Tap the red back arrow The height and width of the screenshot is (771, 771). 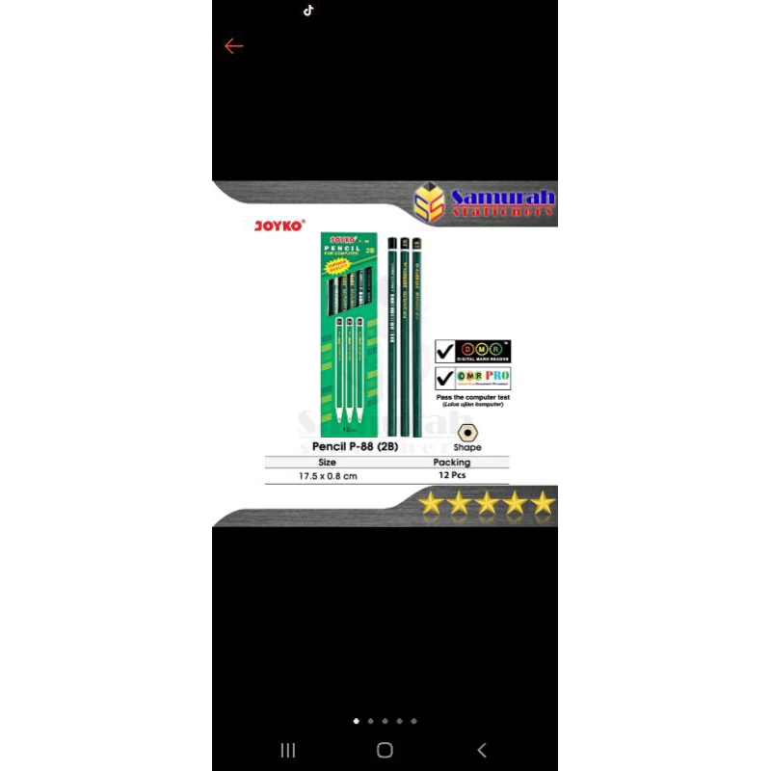[233, 46]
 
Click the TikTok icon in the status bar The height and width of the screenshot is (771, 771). [308, 11]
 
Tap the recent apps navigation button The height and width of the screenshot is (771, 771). [287, 750]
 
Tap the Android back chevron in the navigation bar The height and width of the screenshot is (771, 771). [482, 750]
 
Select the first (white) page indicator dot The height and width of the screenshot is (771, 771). [356, 721]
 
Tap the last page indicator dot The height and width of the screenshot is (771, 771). [413, 721]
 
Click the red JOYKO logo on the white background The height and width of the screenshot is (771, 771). [279, 226]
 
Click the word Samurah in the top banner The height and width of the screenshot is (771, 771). [503, 198]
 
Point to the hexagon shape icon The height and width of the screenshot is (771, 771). [467, 434]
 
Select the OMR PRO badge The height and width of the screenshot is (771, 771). [485, 378]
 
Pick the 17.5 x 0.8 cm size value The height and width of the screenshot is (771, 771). [328, 476]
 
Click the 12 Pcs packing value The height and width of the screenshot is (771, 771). [452, 476]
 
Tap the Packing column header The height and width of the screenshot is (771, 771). [452, 463]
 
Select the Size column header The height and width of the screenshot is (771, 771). [327, 463]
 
